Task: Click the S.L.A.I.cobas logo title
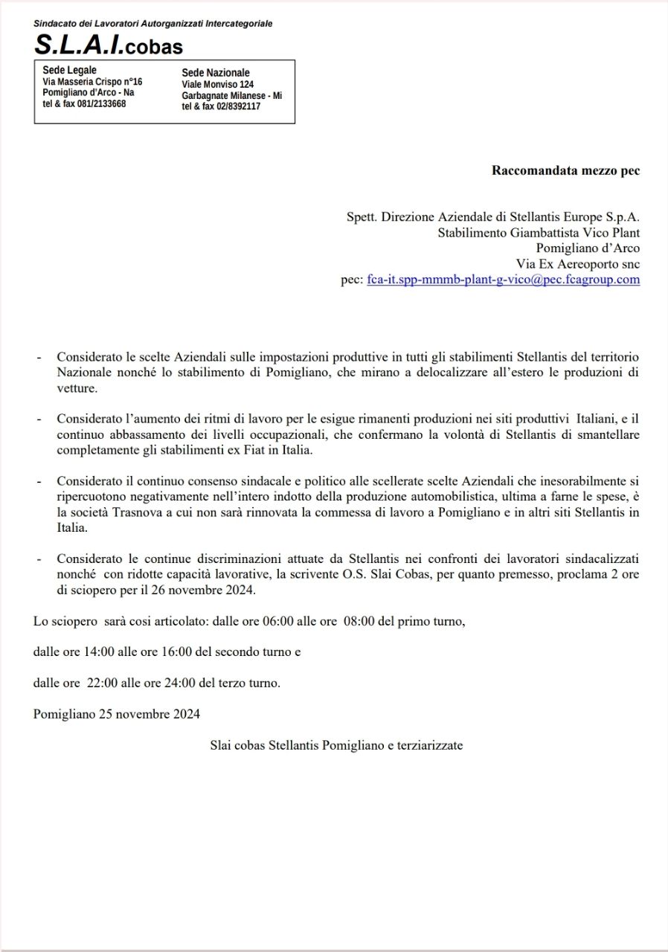pyautogui.click(x=108, y=46)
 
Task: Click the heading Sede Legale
pyautogui.click(x=70, y=71)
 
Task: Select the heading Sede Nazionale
pyautogui.click(x=216, y=73)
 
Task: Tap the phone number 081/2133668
pyautogui.click(x=102, y=103)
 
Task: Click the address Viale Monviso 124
pyautogui.click(x=218, y=85)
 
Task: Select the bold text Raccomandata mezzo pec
pyautogui.click(x=565, y=170)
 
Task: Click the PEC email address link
pyautogui.click(x=503, y=280)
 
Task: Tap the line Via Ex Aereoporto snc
pyautogui.click(x=578, y=263)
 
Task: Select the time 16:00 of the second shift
pyautogui.click(x=179, y=652)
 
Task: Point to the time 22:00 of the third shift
pyautogui.click(x=100, y=683)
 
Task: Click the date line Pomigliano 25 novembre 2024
pyautogui.click(x=117, y=714)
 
